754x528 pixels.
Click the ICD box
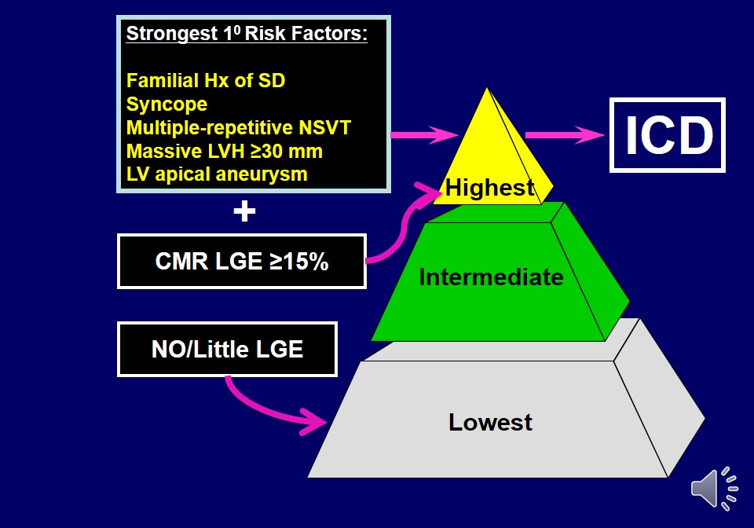click(x=668, y=135)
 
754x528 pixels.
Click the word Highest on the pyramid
click(x=490, y=188)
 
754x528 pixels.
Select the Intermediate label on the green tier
click(x=491, y=277)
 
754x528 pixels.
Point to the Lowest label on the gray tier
click(x=490, y=422)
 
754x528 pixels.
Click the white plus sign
click(x=244, y=211)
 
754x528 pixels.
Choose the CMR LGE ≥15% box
click(x=242, y=262)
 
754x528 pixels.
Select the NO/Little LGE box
click(x=227, y=349)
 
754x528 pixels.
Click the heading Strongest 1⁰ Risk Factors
click(x=247, y=34)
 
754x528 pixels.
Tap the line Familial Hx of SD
click(x=211, y=80)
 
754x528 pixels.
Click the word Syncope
click(x=167, y=104)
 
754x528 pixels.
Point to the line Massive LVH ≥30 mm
click(x=225, y=151)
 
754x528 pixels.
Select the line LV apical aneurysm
click(x=217, y=174)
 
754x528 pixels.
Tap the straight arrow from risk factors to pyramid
click(x=424, y=135)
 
